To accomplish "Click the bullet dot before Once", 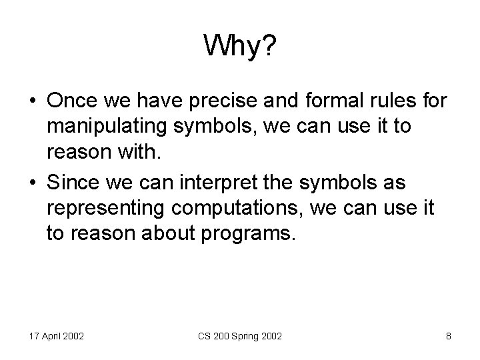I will [x=33, y=100].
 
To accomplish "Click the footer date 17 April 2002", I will [x=56, y=336].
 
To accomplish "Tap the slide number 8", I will [x=448, y=336].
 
